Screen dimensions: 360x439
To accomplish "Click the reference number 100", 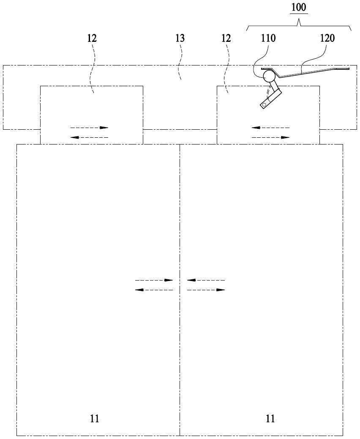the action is (x=299, y=7).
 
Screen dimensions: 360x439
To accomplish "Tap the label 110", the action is (x=268, y=38).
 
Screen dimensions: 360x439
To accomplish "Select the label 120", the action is (x=327, y=38).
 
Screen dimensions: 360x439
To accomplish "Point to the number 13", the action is (x=180, y=38).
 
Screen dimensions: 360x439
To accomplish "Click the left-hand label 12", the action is (x=92, y=38).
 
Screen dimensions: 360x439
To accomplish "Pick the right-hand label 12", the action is (x=226, y=38).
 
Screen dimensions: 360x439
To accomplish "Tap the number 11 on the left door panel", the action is (x=95, y=419).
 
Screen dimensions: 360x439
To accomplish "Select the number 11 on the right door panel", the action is (x=270, y=419).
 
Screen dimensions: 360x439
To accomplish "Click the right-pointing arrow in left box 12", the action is (x=89, y=128).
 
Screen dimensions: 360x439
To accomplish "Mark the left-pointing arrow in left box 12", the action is (x=89, y=137).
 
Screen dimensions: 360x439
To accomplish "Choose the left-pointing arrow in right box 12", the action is (x=270, y=128).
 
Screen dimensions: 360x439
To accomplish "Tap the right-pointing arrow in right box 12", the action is (x=270, y=137).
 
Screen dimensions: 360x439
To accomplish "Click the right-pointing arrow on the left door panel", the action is (x=154, y=280).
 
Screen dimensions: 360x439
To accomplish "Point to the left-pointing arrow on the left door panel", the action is (x=154, y=290).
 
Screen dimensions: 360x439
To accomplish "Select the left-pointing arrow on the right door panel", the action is (x=206, y=280).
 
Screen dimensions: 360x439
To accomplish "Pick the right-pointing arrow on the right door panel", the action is (x=206, y=290).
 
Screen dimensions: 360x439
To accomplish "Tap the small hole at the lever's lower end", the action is (x=263, y=105).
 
